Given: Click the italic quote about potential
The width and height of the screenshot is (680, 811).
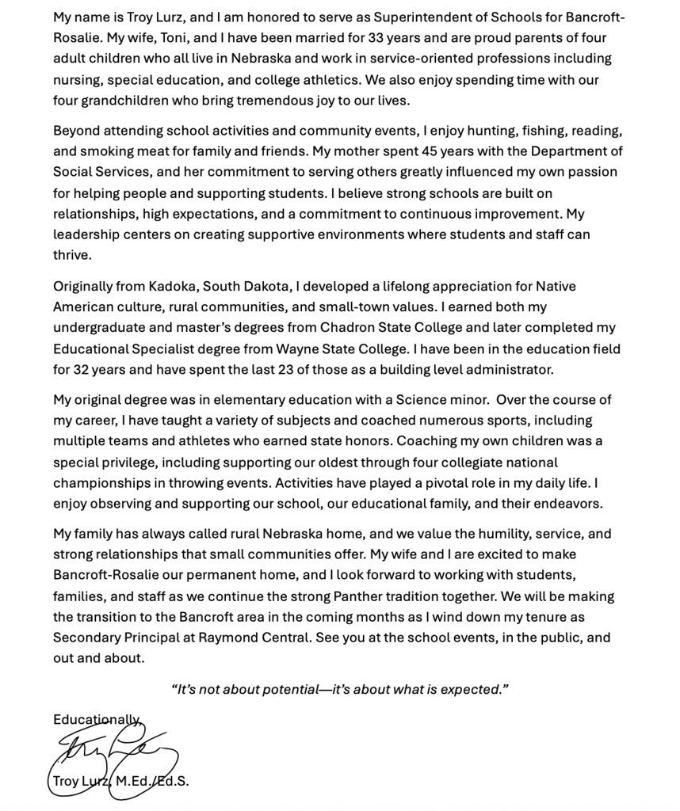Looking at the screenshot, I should coord(340,689).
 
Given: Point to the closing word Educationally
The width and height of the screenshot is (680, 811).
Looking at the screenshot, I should coord(96,719).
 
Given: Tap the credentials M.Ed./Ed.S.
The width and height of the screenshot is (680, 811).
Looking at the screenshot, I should coord(152,782).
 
